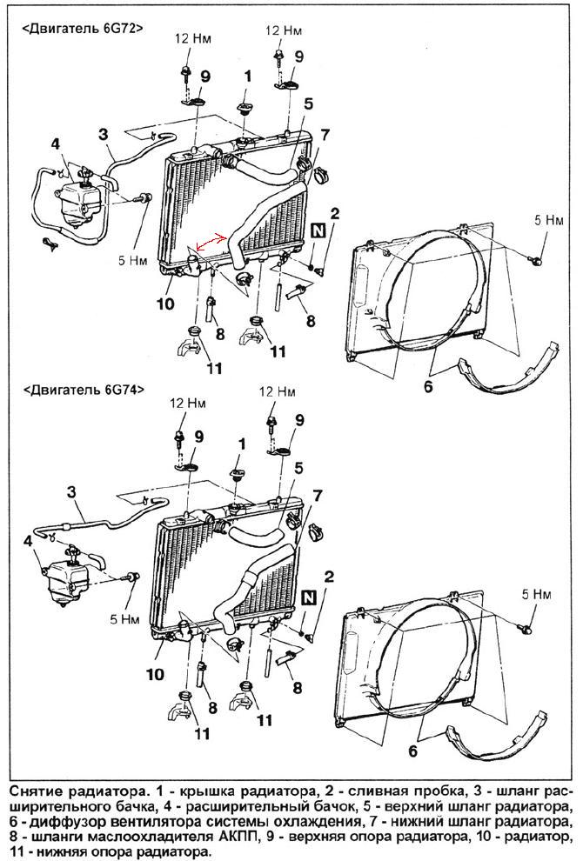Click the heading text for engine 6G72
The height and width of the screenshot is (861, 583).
pos(82,28)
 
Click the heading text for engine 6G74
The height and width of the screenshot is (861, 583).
pos(82,389)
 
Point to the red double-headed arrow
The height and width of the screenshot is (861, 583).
pos(211,244)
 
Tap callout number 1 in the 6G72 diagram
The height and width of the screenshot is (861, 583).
pos(247,77)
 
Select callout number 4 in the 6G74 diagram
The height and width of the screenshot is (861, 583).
pos(29,541)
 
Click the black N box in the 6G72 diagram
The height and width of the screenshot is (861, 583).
pos(318,230)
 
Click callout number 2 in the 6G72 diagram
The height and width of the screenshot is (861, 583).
pos(333,213)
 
